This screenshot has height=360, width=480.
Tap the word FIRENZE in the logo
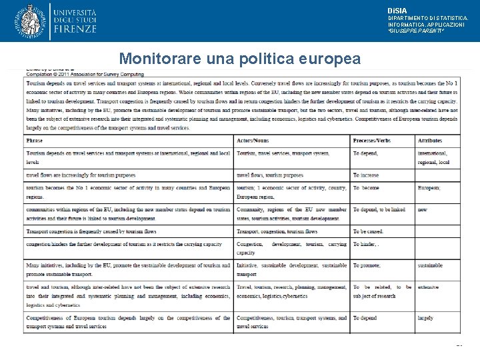pos(76,29)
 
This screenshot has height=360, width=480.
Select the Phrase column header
pos(35,141)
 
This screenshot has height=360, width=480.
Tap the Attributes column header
pos(430,141)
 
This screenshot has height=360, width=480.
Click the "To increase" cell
pos(366,175)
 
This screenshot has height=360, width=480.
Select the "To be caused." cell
pos(369,231)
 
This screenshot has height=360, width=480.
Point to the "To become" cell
pos(366,188)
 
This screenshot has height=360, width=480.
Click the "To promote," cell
pos(367,265)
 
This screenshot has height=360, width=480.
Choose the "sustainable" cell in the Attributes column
pos(430,265)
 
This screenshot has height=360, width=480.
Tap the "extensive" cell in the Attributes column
pos(429,287)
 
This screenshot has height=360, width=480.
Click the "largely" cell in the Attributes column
pos(426,318)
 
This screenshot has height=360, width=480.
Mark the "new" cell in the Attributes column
pos(422,209)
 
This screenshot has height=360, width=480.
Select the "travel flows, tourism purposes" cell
pos(270,175)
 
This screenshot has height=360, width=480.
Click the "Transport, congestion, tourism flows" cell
pos(277,231)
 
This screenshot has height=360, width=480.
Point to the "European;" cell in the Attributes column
pos(429,188)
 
